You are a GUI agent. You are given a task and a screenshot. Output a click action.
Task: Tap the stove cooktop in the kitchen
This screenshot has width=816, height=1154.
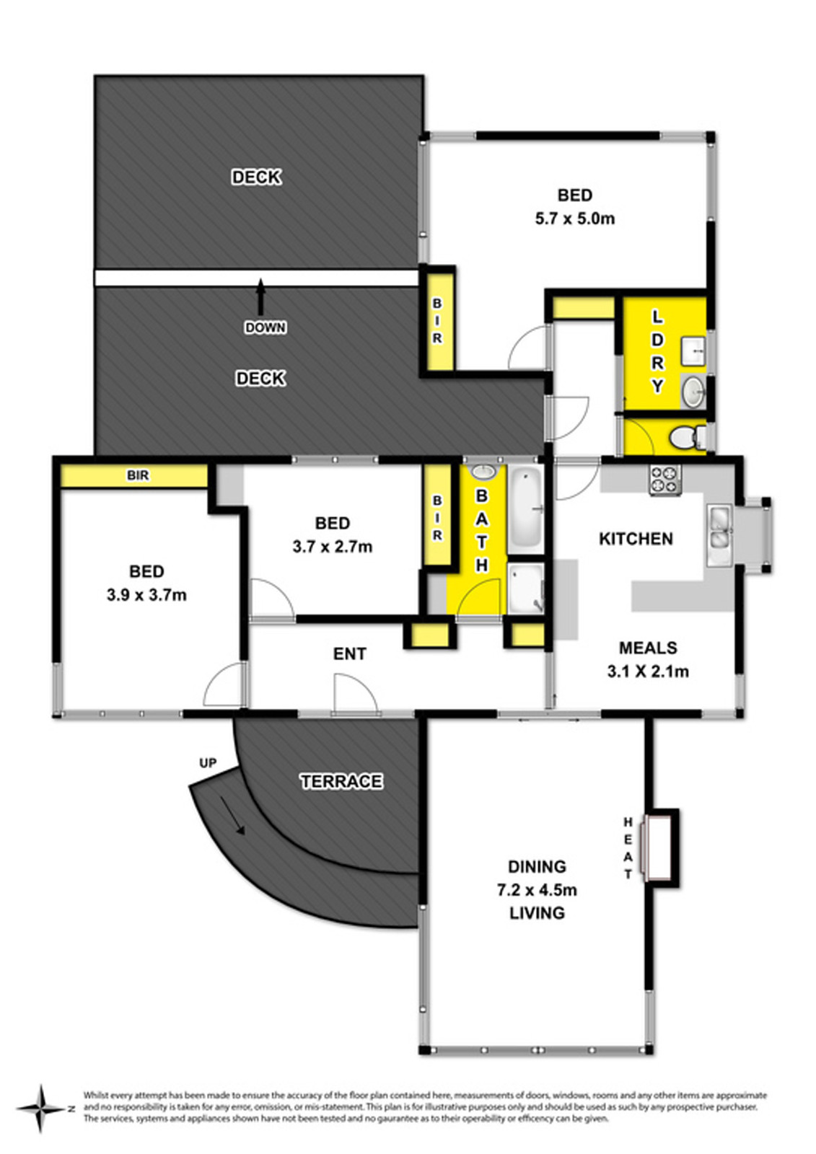point(665,480)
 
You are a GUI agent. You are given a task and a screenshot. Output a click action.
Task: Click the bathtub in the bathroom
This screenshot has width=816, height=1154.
point(525,508)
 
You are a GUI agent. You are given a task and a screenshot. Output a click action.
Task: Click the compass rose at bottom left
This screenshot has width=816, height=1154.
point(41,1108)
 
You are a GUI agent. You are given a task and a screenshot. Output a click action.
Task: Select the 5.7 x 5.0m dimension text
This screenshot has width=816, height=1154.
point(574,219)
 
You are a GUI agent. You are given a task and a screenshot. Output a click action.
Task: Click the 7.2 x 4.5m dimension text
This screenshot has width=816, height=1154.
point(536,890)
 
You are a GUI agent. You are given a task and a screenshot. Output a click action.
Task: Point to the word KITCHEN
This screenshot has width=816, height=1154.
point(636,539)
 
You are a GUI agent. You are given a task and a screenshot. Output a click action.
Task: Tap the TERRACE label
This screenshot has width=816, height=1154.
point(341,781)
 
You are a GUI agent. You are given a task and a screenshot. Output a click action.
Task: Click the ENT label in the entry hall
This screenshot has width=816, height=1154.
point(349,653)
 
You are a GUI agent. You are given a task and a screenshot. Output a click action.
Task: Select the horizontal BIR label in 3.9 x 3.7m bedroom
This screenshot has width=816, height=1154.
point(138,476)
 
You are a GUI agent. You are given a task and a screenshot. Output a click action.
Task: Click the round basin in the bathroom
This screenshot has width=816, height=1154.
point(483,473)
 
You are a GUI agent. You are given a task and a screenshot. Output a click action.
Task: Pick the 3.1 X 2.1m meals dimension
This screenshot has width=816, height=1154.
point(647,671)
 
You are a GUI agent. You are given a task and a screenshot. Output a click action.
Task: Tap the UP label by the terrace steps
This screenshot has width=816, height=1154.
point(208,763)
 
